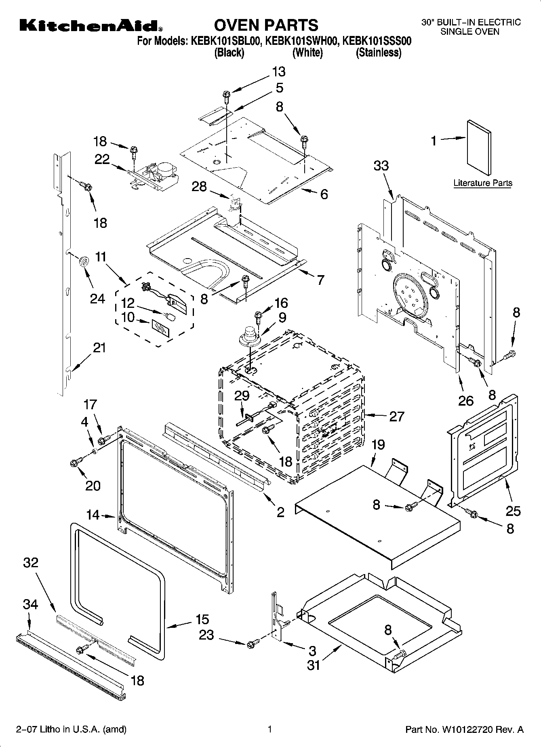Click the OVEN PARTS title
[266, 25]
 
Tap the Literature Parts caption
[482, 183]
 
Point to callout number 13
[278, 72]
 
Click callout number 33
[381, 165]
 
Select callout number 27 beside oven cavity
[396, 416]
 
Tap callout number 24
[97, 299]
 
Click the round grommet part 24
[84, 261]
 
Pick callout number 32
[31, 562]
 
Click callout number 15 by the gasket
[202, 619]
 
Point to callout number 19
[378, 445]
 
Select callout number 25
[513, 511]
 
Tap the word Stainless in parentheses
[379, 53]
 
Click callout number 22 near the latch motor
[102, 159]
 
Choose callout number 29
[242, 396]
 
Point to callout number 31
[313, 665]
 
